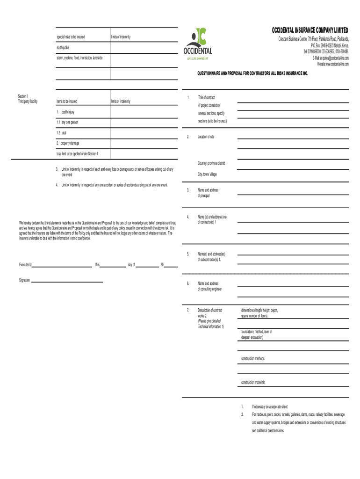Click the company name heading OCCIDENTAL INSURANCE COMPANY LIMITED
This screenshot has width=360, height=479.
tap(310, 31)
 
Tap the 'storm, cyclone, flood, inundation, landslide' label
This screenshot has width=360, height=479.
tap(79, 58)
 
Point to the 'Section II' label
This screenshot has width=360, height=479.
tap(23, 96)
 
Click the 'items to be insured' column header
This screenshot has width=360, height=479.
tap(67, 102)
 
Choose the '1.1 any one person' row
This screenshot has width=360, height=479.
tap(68, 123)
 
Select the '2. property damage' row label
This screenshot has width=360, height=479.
tap(68, 143)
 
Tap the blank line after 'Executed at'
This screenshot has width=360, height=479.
tap(62, 265)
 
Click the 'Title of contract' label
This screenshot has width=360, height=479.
tap(206, 98)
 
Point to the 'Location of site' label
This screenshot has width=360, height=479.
tap(206, 137)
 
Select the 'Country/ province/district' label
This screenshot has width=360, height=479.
tap(211, 163)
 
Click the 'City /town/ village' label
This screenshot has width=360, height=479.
tap(207, 174)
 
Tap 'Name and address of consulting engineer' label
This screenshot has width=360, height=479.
tap(209, 286)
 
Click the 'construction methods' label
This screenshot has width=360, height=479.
tap(252, 359)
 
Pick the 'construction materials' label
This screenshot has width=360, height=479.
tap(253, 383)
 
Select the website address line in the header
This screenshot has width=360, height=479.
tap(332, 64)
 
